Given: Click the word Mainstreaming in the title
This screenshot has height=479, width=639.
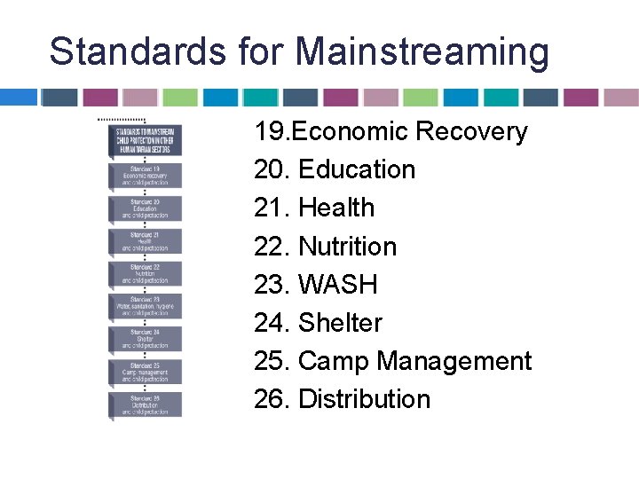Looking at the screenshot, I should click(422, 51).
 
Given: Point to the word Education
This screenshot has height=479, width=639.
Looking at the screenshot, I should click(357, 169).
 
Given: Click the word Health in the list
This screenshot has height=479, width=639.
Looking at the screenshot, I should click(336, 208).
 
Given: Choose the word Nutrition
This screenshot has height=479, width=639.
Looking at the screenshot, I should click(347, 246).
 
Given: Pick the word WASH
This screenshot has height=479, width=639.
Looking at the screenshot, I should click(338, 284).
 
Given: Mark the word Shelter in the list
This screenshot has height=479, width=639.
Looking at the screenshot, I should click(340, 322).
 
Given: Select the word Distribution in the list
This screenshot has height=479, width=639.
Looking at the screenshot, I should click(364, 399).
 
